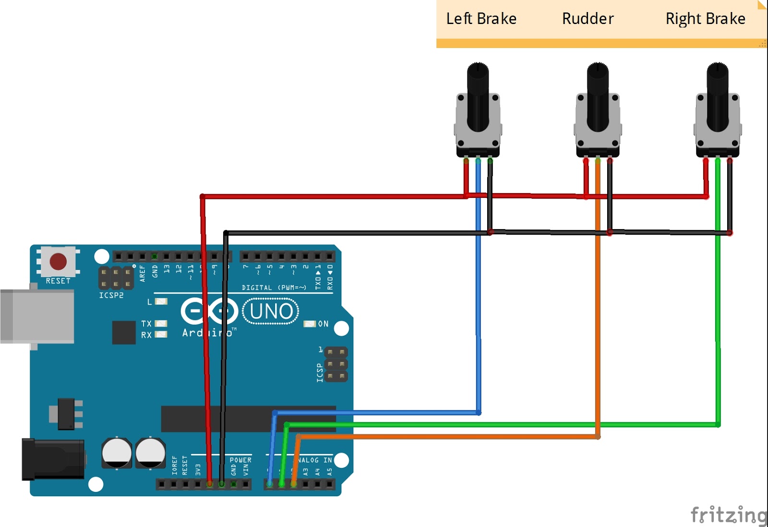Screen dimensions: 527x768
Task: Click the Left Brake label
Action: (x=481, y=19)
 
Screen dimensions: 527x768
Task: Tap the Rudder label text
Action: (x=588, y=19)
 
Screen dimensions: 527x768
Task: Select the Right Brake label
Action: (x=705, y=19)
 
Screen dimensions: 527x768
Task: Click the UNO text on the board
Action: (x=271, y=311)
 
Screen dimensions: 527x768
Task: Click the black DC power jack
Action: (x=53, y=459)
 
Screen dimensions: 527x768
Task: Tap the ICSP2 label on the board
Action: (x=111, y=295)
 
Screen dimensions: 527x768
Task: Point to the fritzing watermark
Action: (x=729, y=515)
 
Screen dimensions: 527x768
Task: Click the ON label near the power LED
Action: (x=324, y=324)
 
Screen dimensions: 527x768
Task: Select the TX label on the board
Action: (x=146, y=324)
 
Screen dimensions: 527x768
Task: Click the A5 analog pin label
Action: (x=329, y=472)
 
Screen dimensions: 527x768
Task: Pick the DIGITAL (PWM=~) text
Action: (x=274, y=288)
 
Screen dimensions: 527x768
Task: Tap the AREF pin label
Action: (x=143, y=273)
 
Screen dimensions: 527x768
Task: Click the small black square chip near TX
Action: (x=124, y=332)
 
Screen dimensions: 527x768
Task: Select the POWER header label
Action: (x=240, y=460)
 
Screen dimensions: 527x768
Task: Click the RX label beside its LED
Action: (x=146, y=335)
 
